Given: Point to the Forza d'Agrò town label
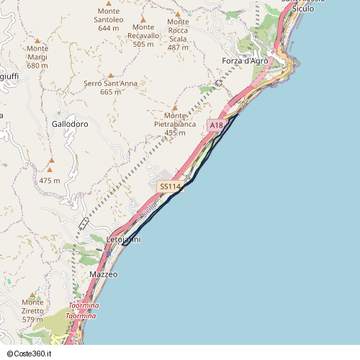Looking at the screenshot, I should (x=245, y=60).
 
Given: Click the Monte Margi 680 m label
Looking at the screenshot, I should (x=37, y=57).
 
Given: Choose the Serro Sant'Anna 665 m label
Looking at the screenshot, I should (x=110, y=87).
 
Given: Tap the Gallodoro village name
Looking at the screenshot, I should (x=70, y=124).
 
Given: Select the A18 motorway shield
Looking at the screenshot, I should (x=216, y=125).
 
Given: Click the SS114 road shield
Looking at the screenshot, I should (x=169, y=186).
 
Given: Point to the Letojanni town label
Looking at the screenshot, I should (x=124, y=239).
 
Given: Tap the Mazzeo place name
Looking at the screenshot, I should (x=104, y=274).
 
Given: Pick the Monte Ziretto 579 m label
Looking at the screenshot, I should (x=33, y=310).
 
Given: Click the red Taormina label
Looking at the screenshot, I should (x=81, y=311).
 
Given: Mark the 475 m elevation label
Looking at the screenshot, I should (x=50, y=180).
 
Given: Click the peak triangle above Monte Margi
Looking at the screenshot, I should (x=37, y=40).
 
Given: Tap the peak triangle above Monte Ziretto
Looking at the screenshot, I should (x=32, y=294).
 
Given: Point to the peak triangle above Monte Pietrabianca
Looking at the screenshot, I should (x=174, y=108).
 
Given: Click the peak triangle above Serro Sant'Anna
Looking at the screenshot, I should (x=111, y=75).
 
